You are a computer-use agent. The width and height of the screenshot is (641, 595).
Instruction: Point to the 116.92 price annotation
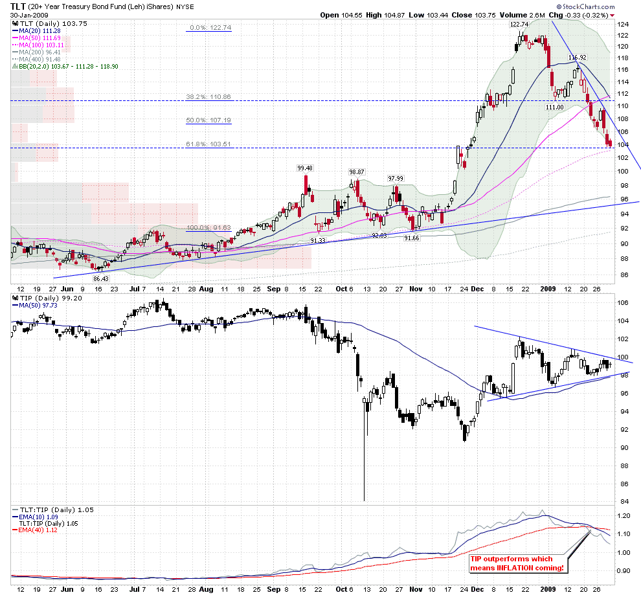pyautogui.click(x=577, y=58)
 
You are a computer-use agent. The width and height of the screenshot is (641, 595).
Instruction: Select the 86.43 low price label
pyautogui.click(x=100, y=278)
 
